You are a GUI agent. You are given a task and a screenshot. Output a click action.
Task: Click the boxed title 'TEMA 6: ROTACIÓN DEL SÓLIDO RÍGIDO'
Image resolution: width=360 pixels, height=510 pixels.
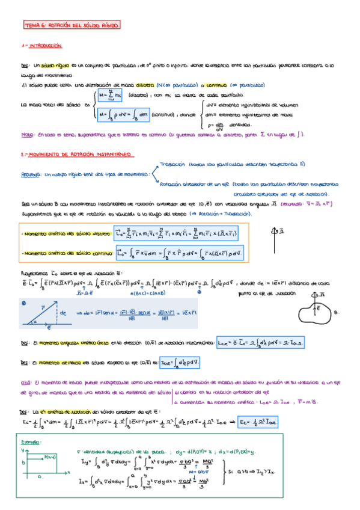(72, 26)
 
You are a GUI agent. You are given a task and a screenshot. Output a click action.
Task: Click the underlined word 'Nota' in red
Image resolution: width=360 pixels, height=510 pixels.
(27, 135)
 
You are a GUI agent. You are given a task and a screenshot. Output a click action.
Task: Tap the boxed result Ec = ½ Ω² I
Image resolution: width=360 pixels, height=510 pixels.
(260, 422)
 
